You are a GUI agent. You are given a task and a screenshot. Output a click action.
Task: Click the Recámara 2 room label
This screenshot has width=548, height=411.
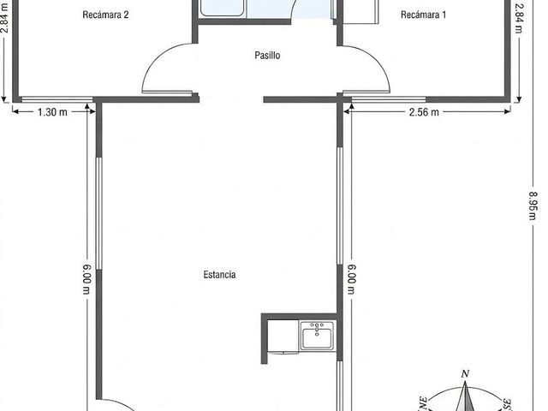pos(105,15)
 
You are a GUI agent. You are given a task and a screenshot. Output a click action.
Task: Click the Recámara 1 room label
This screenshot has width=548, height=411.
pos(423,15)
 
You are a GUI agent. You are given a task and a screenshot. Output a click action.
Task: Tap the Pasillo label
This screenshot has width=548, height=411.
pos(267,55)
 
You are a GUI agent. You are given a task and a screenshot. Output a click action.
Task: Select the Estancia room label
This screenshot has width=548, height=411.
pos(219,274)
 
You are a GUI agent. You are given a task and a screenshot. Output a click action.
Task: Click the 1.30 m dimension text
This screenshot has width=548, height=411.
pos(52,112)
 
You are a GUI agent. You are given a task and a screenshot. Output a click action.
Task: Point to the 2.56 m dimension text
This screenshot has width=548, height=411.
pos(424,112)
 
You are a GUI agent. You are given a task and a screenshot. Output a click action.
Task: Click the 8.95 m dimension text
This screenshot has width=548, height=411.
pos(532,205)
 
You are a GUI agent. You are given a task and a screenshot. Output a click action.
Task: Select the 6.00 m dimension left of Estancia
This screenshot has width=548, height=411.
pos(86,280)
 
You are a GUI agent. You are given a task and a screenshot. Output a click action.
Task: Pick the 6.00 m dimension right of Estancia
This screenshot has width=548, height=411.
pos(351,280)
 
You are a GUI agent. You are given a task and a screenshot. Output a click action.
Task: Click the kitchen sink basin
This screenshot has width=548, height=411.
pos(317,335)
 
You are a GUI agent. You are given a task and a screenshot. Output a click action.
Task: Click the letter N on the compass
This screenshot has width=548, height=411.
pos(465,374)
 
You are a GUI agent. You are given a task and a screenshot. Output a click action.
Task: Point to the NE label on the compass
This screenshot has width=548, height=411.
pos(422,403)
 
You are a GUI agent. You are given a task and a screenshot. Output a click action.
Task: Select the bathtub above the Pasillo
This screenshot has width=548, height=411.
pos(222,8)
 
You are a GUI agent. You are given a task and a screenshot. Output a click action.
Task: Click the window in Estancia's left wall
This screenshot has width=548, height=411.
pos(99,213)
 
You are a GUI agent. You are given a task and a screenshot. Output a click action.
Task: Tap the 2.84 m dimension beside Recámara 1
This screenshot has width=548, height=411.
pos(520,18)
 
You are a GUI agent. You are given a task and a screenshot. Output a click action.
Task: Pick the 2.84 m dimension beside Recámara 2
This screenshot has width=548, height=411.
pos(5,17)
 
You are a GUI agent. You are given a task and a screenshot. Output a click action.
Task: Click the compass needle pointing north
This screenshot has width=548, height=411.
pos(465,396)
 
